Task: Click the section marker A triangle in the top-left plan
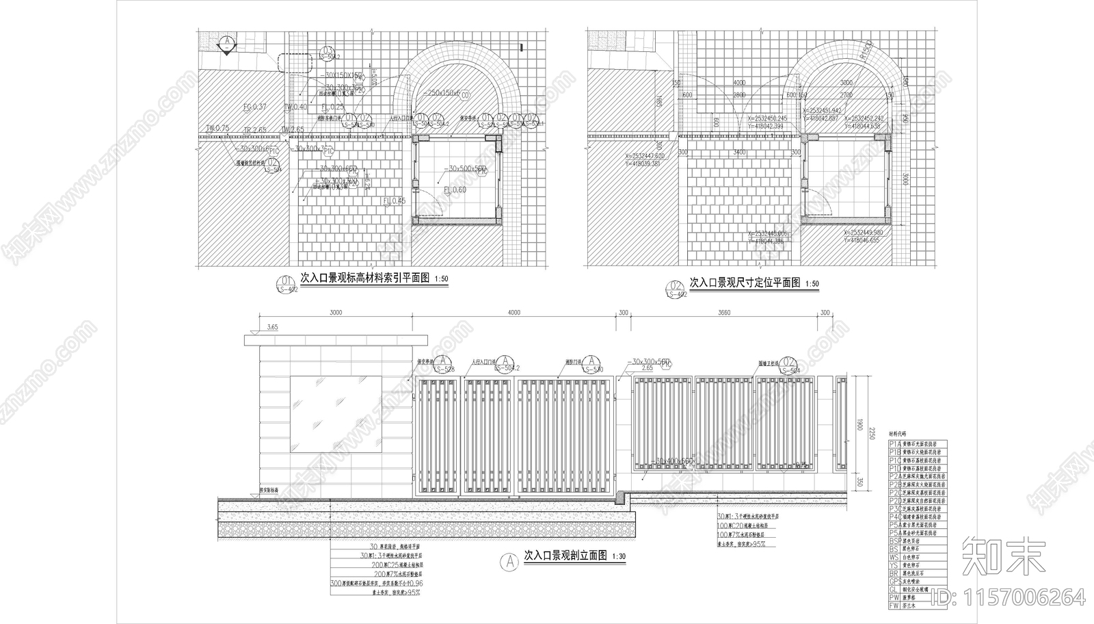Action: [226, 42]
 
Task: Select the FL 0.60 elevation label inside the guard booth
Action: [455, 190]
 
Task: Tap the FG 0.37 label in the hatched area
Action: [254, 107]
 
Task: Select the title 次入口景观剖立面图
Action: [565, 556]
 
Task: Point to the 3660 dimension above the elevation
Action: [725, 313]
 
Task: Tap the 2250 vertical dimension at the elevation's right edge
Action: [871, 432]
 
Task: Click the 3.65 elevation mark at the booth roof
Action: [272, 328]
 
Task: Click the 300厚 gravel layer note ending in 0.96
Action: [376, 584]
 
